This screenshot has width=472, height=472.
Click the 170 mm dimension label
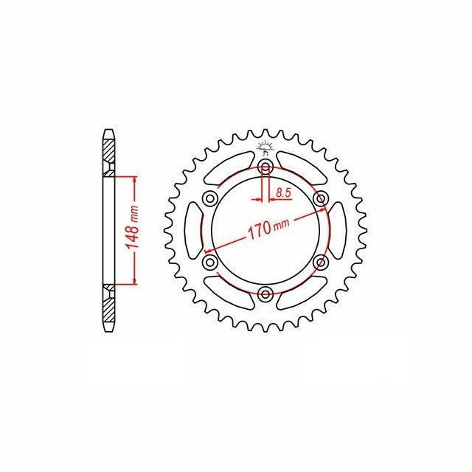pos(268,228)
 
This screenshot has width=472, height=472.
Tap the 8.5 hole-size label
pos(283,192)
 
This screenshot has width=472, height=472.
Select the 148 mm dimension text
pos(133,226)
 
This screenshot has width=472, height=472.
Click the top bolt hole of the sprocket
pos(265,166)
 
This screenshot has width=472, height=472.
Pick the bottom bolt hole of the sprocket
pos(265,294)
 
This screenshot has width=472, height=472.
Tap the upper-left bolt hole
pos(210,198)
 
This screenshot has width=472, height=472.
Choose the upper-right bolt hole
pos(321,198)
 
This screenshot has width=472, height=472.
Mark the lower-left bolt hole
pos(210,262)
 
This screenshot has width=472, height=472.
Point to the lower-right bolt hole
pos(321,262)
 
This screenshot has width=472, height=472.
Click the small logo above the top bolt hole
pos(265,147)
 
